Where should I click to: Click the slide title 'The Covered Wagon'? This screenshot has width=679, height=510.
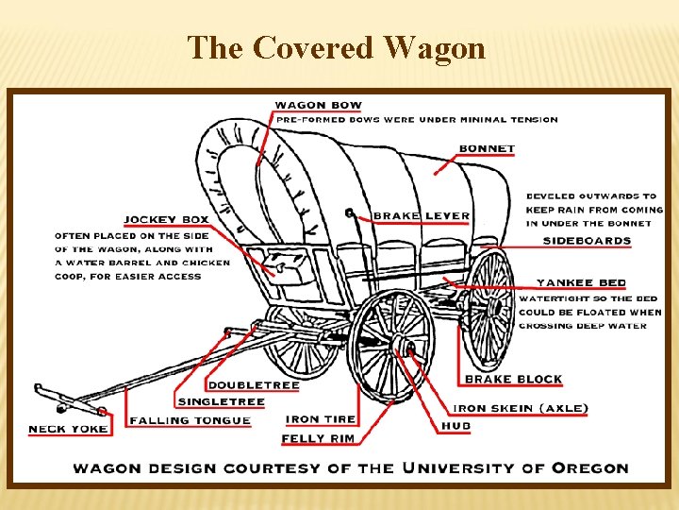coord(337,47)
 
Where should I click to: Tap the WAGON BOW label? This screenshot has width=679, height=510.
coord(318,105)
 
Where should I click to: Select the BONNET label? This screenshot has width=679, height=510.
coord(487,148)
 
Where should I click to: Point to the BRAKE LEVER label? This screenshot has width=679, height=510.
coord(421,216)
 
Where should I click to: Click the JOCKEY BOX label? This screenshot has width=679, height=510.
coord(167,220)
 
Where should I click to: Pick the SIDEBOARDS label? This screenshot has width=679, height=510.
coord(587,241)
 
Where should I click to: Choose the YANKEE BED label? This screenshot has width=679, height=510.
coord(581,282)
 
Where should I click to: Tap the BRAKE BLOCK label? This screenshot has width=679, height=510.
coord(513,379)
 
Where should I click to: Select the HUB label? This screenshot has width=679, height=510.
coord(455,426)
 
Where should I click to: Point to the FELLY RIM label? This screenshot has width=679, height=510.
coord(317,438)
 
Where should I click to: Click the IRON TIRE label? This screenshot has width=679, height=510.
coord(321,419)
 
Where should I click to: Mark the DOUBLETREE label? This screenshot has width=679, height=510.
coord(253,385)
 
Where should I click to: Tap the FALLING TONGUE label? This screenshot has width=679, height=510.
coord(190,420)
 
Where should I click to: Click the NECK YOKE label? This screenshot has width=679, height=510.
coord(68,429)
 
